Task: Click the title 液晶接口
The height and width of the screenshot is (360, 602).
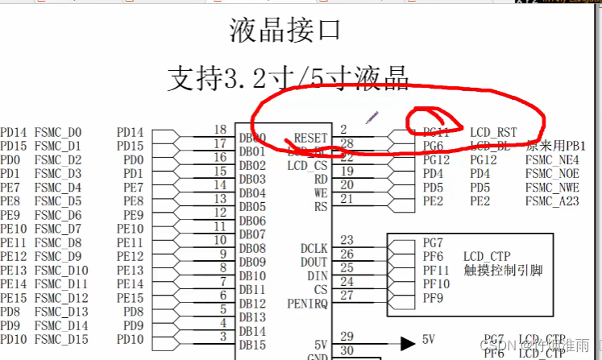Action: pos(285,31)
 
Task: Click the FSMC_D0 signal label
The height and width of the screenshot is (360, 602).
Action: pos(58,132)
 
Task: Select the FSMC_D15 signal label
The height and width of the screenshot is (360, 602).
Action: pos(61,339)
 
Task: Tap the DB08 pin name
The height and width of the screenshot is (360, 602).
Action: pos(251,248)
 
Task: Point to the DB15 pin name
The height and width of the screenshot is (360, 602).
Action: pos(251,345)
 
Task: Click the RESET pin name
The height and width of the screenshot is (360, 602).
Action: pos(311,139)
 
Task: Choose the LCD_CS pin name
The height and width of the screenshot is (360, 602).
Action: pos(308,166)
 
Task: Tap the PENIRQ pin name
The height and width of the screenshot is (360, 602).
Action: pos(307,304)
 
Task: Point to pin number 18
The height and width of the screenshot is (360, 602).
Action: pos(220,130)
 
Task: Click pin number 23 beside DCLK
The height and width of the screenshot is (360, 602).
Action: pos(347,240)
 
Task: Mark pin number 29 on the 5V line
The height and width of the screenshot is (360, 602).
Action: pos(347,336)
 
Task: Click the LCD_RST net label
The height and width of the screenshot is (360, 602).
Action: pos(493,132)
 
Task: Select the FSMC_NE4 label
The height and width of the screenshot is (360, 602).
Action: pos(552,160)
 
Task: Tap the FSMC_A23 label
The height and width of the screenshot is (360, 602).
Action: pos(552,201)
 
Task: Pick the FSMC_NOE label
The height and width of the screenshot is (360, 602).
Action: pos(552,174)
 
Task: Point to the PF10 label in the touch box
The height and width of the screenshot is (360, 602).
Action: pos(436,284)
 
